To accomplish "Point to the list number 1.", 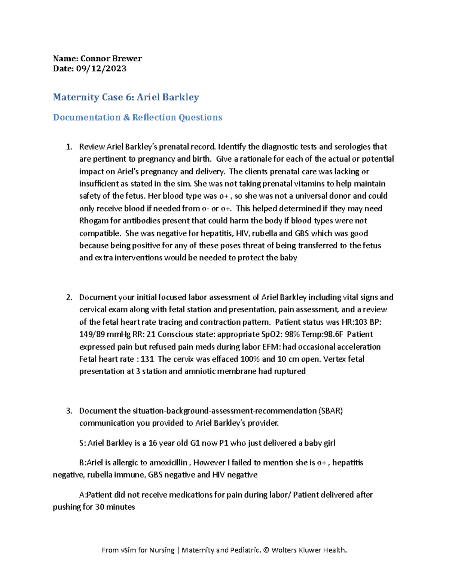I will click(68, 147).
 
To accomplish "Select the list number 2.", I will click(68, 297).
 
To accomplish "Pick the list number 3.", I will click(68, 411).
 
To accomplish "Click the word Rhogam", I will click(94, 221).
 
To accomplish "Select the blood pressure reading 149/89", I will click(94, 334).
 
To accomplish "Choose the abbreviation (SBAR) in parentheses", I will click(331, 411).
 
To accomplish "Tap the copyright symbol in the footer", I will click(266, 550).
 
